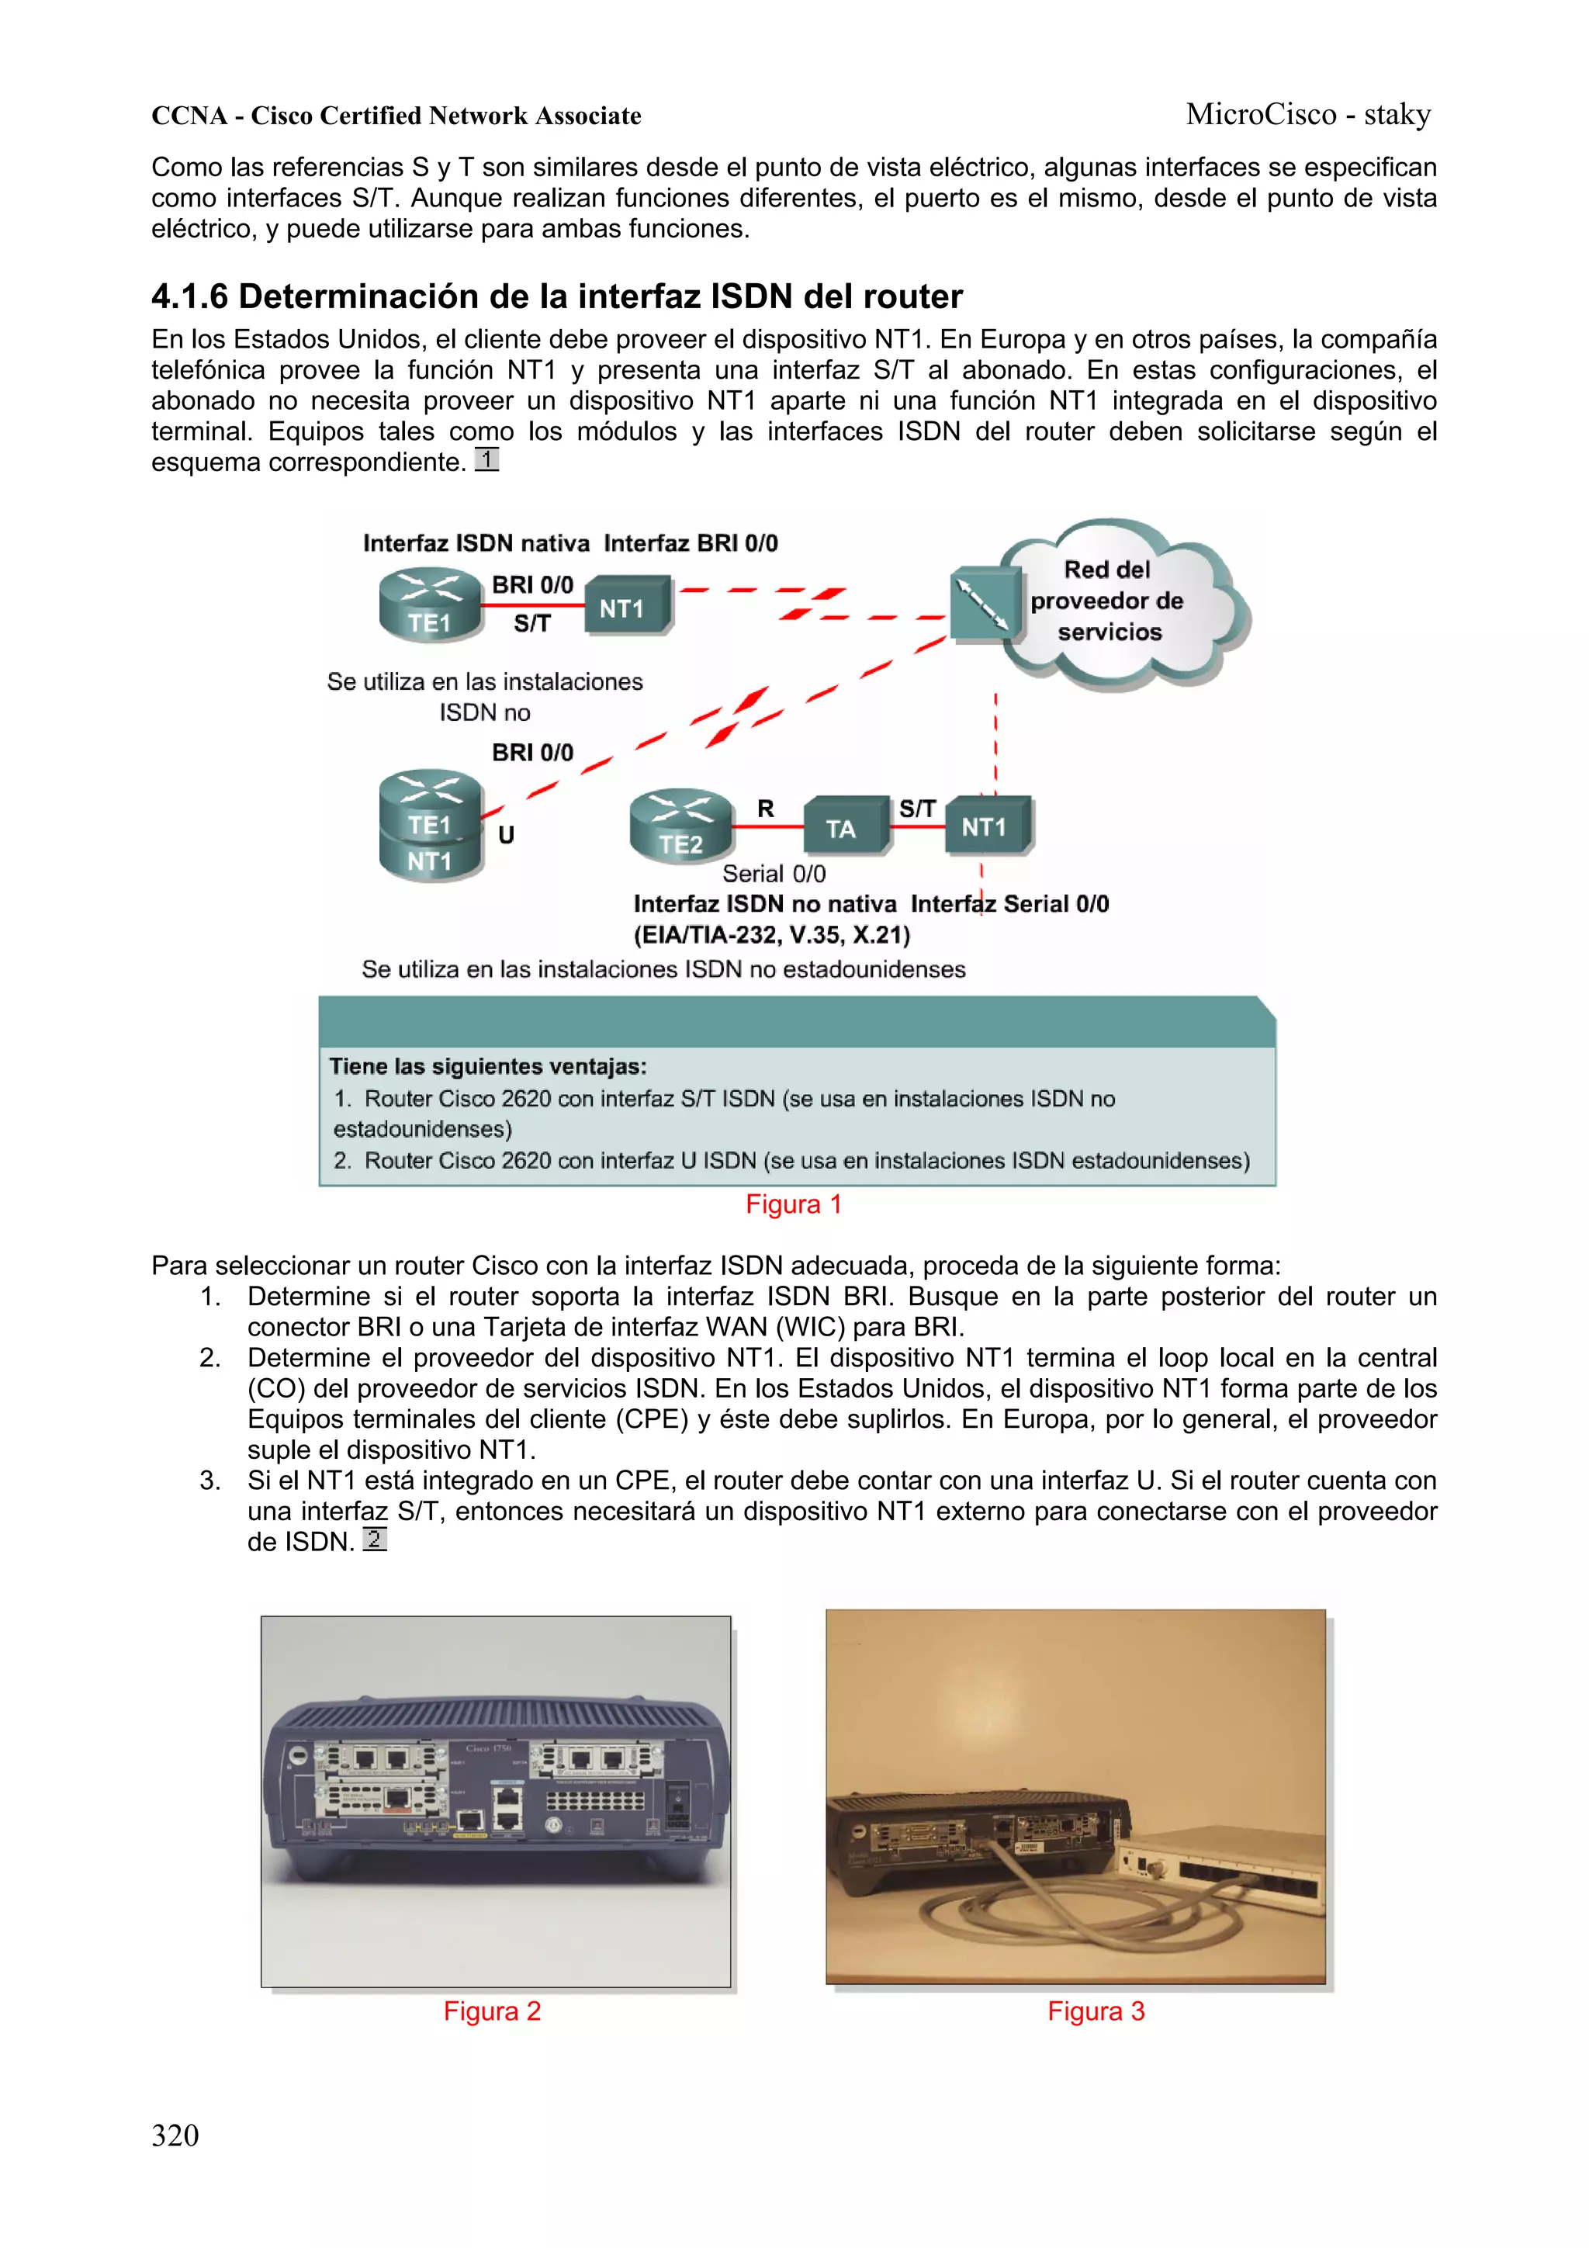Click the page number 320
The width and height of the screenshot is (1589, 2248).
tap(175, 2135)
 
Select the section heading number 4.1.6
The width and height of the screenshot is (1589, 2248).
tap(190, 296)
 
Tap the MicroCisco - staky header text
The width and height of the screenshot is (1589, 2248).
tap(1307, 115)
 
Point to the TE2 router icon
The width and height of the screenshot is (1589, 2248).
tap(681, 826)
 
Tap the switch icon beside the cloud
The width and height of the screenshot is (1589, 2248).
tap(983, 604)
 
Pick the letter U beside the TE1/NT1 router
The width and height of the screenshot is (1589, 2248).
tap(506, 835)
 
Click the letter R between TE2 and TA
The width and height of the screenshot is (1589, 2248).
tap(766, 809)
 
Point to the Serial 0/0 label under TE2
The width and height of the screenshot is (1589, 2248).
tap(774, 873)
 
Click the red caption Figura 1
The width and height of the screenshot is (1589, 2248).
tap(793, 1204)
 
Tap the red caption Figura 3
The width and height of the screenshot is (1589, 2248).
tap(1096, 2011)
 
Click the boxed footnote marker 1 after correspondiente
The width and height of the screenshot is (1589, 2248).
tap(486, 459)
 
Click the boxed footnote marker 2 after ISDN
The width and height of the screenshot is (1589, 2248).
tap(374, 1539)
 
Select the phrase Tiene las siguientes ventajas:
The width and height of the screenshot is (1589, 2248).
tap(487, 1066)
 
